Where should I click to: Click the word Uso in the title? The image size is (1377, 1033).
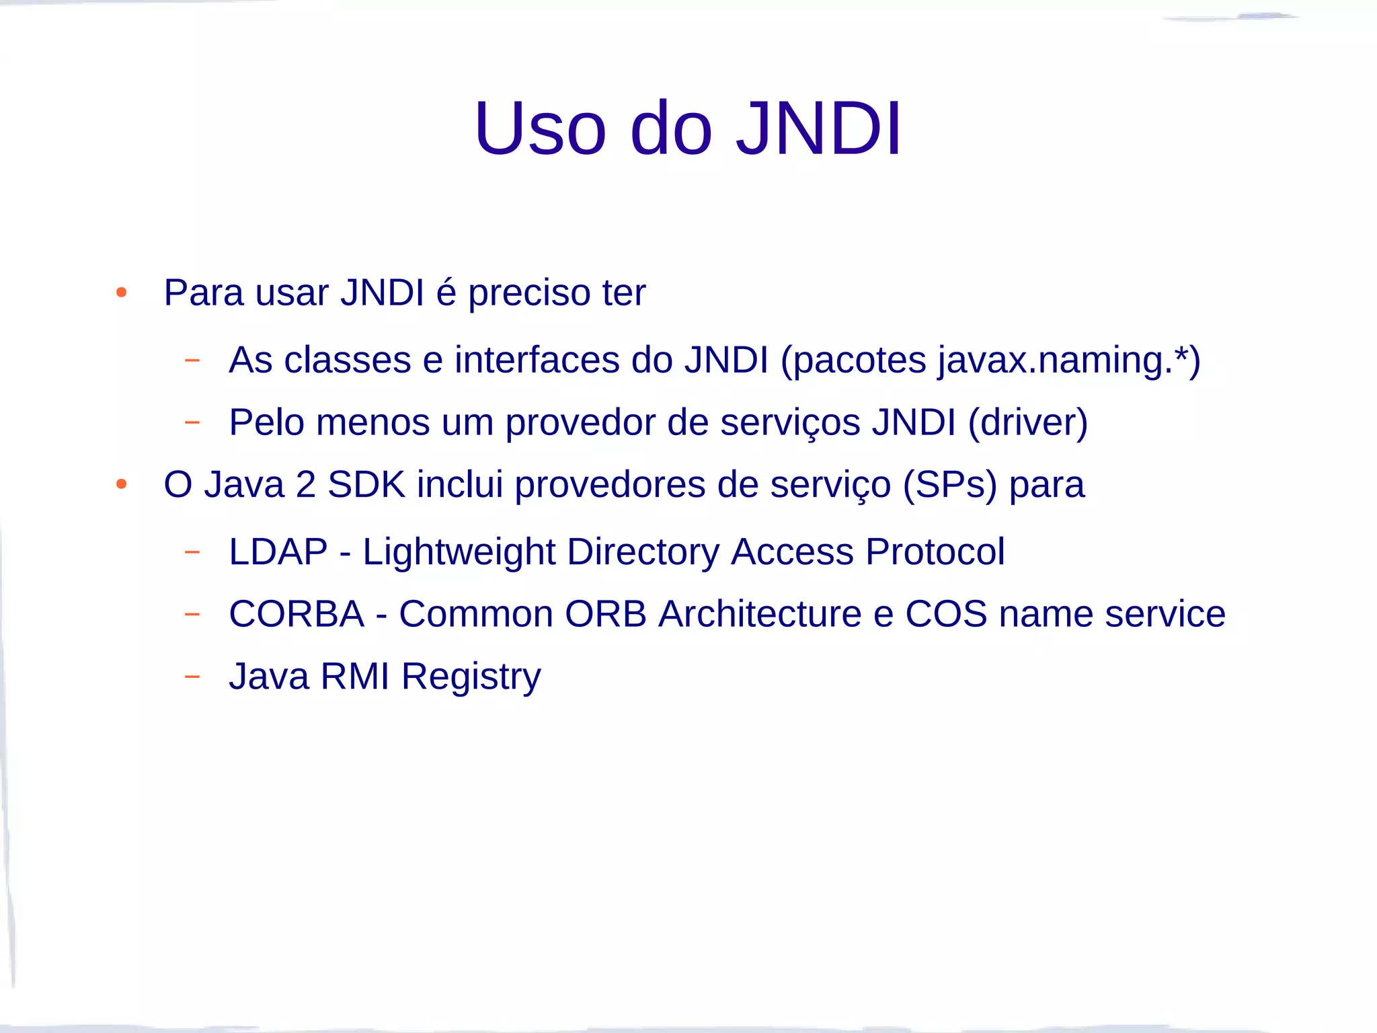[540, 129]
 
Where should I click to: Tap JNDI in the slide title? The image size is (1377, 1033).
[818, 129]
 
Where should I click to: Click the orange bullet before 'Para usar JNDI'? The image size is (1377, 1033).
[122, 293]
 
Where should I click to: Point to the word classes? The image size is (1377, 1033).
[348, 360]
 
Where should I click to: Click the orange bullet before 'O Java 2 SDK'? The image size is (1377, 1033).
[122, 484]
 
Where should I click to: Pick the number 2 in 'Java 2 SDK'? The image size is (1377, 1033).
[306, 484]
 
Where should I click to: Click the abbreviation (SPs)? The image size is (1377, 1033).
[949, 486]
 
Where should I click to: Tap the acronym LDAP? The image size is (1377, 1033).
[278, 551]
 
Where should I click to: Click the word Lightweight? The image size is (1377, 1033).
[459, 553]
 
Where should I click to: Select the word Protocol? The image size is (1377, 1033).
[935, 551]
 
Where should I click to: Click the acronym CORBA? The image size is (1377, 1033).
[297, 614]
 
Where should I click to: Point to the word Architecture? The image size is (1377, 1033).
[760, 614]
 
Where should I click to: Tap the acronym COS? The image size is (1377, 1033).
[946, 614]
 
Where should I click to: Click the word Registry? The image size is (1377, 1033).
[471, 677]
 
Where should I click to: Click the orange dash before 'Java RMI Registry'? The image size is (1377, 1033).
[192, 676]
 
